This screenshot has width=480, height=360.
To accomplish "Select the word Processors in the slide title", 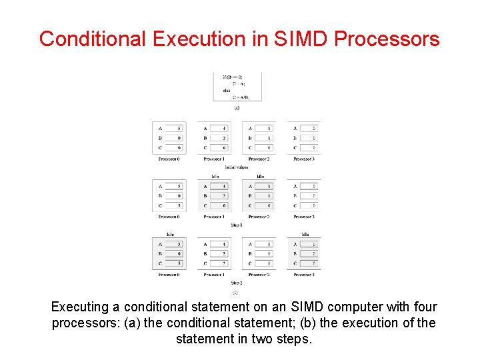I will coord(387,39).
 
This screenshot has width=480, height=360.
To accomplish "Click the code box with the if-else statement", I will coord(237,86).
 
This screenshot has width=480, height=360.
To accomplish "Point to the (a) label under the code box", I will coord(237,107).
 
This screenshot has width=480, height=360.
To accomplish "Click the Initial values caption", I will coord(236,167).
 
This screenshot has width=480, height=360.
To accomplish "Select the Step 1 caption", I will coord(236,225).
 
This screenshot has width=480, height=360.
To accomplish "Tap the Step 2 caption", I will coord(236,283).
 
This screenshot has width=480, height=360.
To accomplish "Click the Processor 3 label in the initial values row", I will coord(304,159).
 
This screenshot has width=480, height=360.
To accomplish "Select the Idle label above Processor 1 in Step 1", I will coord(215,177).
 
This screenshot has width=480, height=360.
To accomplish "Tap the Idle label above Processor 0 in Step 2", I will coord(170,235).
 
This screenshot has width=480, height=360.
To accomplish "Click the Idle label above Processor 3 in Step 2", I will coord(305,235).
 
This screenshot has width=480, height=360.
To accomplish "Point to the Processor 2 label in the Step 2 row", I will coord(259,275).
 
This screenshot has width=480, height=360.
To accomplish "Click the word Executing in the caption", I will coord(79,307).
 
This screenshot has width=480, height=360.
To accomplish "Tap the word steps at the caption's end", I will coord(293,339).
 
